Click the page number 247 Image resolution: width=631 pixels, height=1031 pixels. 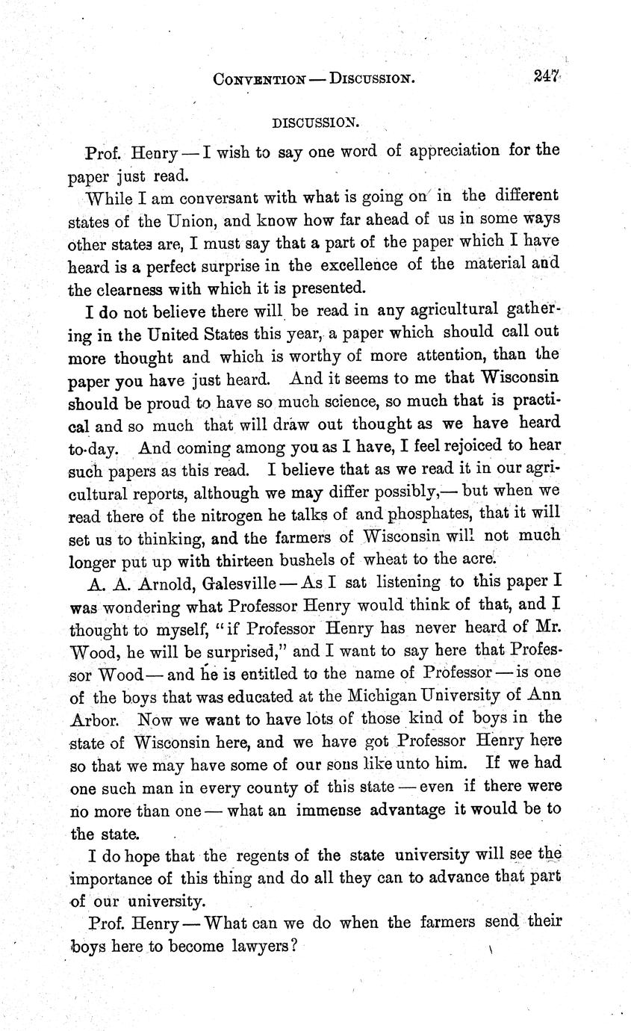[547, 76]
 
